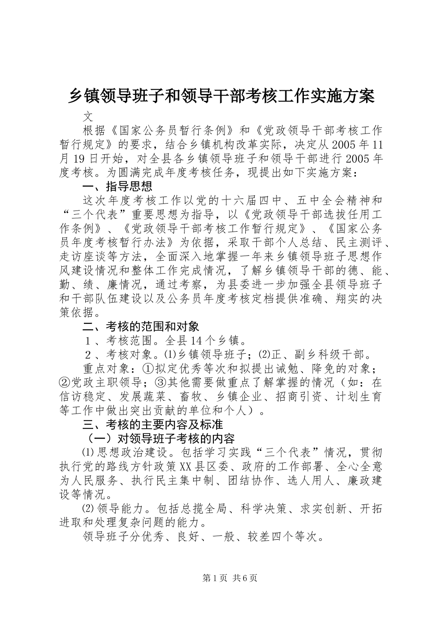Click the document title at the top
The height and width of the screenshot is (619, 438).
point(221,96)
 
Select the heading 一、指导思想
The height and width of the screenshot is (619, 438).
point(117,187)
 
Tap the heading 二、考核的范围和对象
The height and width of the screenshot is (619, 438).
point(141,327)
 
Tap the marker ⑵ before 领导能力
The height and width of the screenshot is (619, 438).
point(87,508)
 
